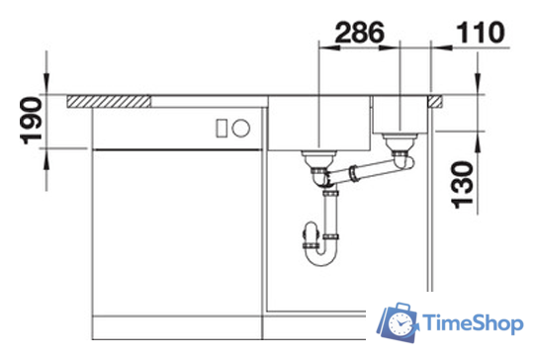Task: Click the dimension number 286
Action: click(360, 33)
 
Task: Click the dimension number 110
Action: click(481, 33)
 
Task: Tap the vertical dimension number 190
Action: click(32, 121)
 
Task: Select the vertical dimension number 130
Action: click(462, 185)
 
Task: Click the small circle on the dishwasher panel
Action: click(240, 128)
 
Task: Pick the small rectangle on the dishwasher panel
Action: click(222, 129)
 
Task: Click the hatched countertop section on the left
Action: click(109, 102)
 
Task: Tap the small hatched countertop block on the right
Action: click(435, 102)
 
